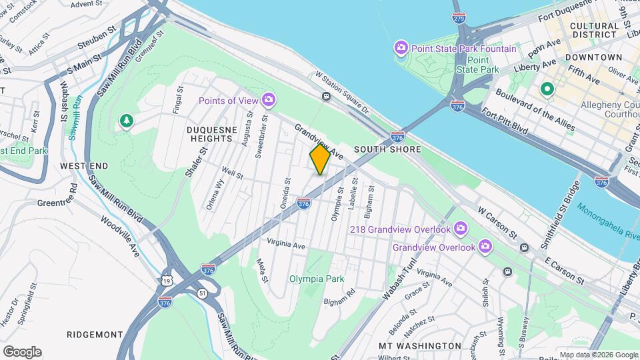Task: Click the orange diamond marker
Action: [x=320, y=159]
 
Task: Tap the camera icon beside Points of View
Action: [x=268, y=100]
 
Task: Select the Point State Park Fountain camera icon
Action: [x=401, y=48]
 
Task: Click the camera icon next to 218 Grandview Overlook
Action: [x=461, y=229]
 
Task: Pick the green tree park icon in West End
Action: [x=125, y=121]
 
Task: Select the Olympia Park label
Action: [x=317, y=279]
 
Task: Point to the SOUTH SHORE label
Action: [x=387, y=149]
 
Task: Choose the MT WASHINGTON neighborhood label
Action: [x=419, y=346]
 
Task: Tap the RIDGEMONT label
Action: [x=95, y=334]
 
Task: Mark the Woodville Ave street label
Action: [x=121, y=237]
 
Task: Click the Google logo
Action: [x=21, y=352]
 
